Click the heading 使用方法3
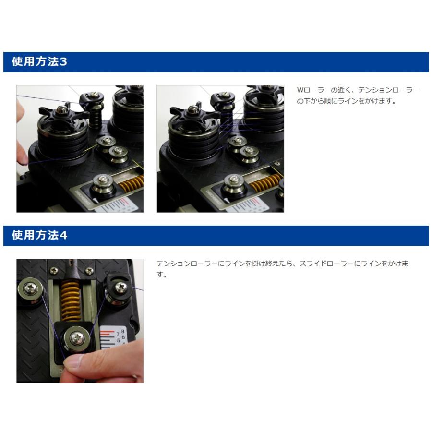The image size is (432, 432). point(39,61)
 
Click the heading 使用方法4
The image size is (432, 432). point(39,235)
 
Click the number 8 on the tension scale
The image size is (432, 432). point(123,331)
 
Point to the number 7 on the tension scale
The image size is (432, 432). point(118,334)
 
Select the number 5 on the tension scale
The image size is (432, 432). point(119,340)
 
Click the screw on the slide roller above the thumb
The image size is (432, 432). point(77,338)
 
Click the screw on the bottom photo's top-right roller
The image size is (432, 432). point(120,288)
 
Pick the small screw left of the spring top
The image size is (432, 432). point(54,271)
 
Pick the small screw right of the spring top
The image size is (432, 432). point(89,271)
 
